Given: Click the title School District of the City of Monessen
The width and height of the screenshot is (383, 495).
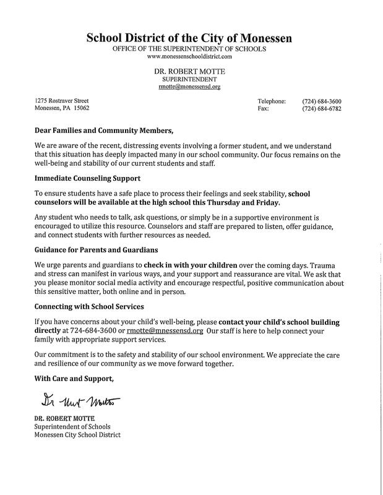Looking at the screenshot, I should (x=189, y=38).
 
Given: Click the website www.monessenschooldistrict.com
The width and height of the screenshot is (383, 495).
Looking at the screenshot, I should (x=189, y=56).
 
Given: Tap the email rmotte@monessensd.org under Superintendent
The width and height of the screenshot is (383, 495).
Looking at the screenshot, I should (x=189, y=88).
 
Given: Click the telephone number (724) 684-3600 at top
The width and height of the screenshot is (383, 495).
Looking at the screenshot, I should (x=322, y=101).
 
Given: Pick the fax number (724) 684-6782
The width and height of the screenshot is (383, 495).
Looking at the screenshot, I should (x=322, y=109).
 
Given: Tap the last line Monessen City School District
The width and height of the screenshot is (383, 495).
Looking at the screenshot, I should (x=77, y=435).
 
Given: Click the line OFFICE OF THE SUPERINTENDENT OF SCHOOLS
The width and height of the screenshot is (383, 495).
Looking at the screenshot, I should (x=189, y=48).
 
